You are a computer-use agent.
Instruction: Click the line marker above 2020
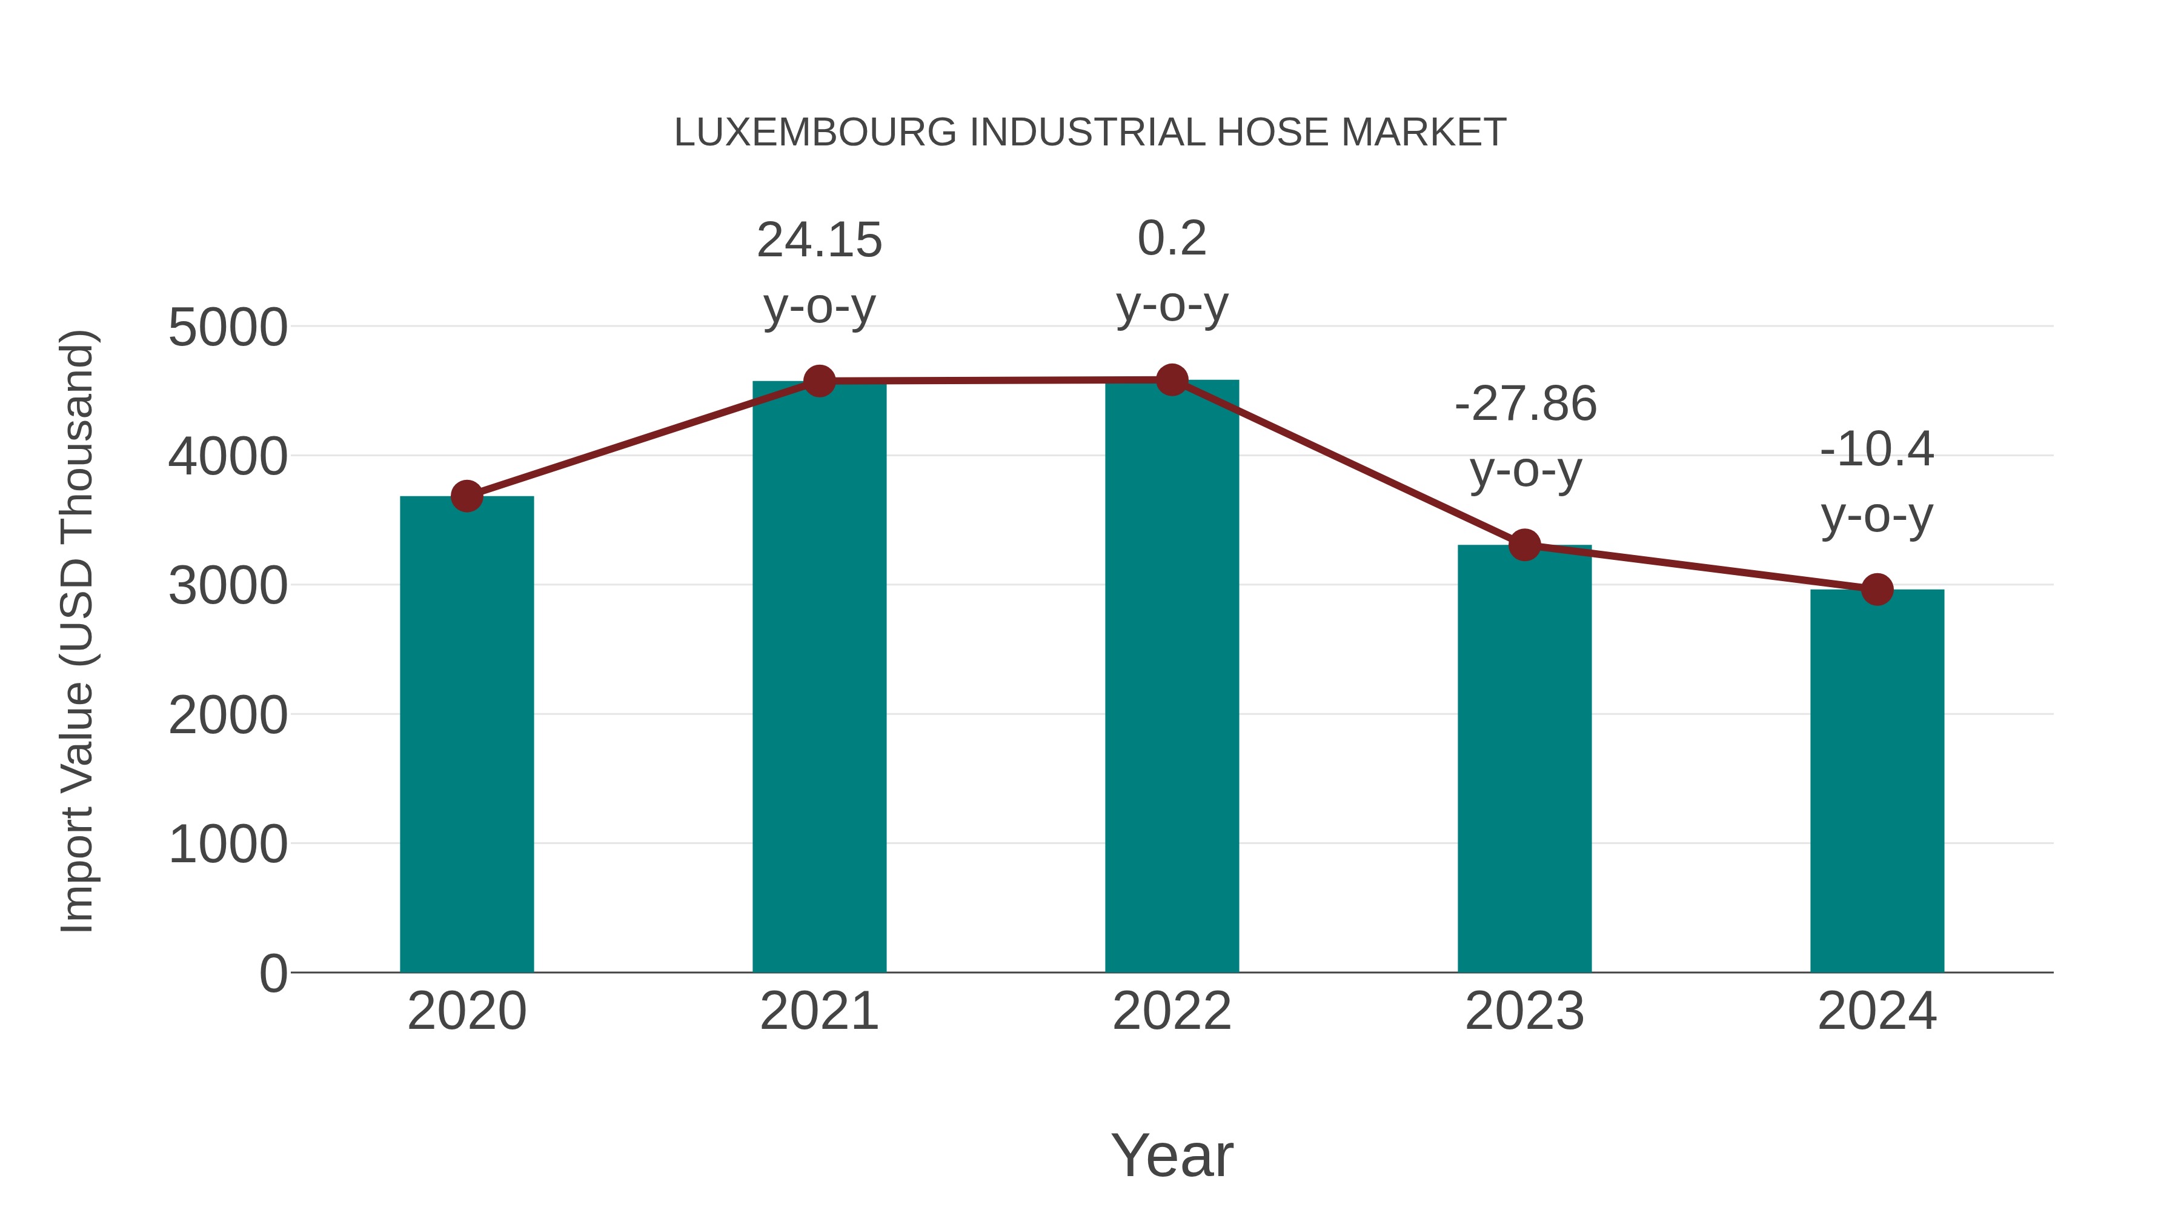coord(466,496)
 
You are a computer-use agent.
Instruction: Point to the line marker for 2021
coord(818,381)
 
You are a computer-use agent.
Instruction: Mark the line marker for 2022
coord(1172,380)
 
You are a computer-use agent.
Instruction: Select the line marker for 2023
coord(1524,545)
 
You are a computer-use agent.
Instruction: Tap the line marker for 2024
coord(1877,590)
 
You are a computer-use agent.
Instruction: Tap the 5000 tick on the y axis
coord(228,328)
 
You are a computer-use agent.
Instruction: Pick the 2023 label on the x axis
coord(1524,1011)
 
